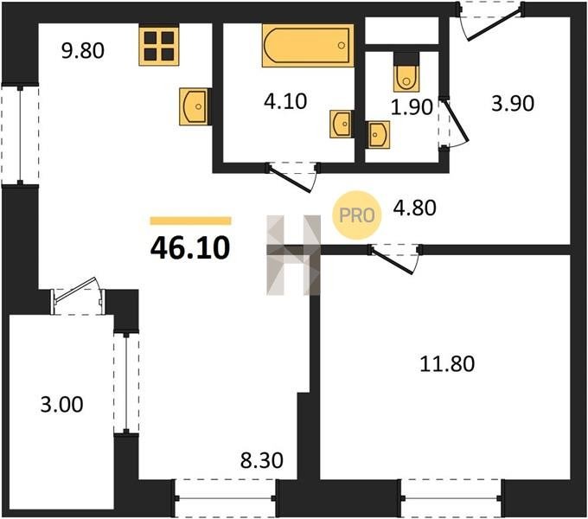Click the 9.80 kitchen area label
click(x=83, y=51)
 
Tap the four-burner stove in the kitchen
click(x=159, y=46)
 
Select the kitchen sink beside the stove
click(x=194, y=106)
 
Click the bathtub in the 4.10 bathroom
click(x=308, y=45)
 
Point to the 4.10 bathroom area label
click(x=285, y=101)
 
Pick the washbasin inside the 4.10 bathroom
click(x=341, y=124)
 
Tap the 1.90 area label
click(x=412, y=107)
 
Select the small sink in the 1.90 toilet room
click(x=379, y=135)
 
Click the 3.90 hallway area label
click(x=513, y=104)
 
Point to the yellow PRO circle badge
click(x=357, y=215)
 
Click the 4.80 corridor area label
click(x=414, y=208)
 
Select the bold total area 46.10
click(x=190, y=248)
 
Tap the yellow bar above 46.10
click(x=190, y=221)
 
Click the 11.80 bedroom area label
click(x=447, y=364)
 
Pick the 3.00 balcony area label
click(x=62, y=405)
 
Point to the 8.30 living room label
click(x=262, y=460)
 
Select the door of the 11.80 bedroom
click(x=393, y=259)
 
